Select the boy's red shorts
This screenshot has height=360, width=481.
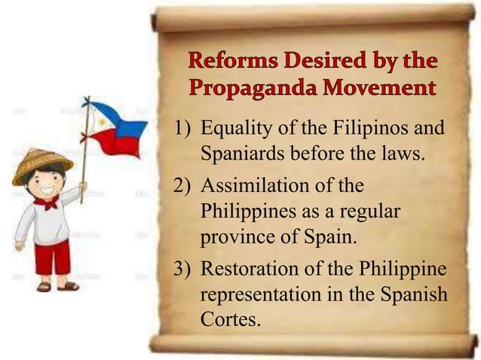53,256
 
